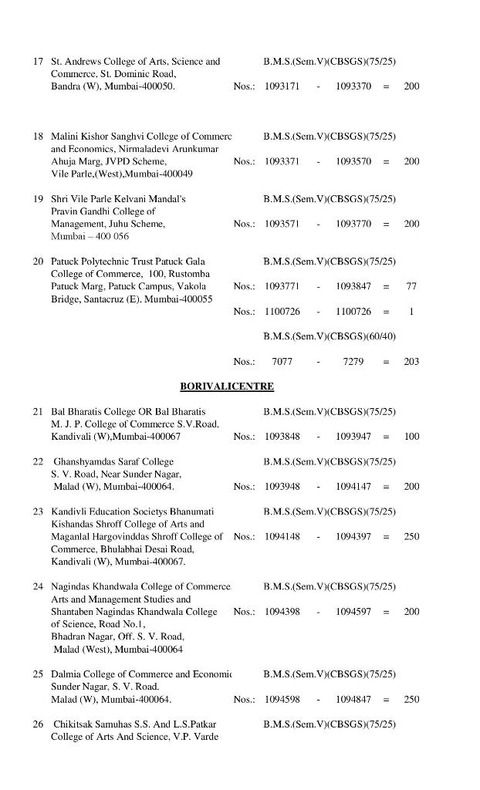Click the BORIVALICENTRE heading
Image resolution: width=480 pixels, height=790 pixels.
click(227, 386)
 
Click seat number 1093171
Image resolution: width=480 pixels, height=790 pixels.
click(282, 86)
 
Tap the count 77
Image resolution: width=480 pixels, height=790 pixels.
click(411, 286)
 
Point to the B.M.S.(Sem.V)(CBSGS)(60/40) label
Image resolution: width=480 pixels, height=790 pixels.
click(330, 336)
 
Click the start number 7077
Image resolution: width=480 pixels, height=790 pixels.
click(282, 362)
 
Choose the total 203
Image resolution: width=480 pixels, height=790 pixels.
click(411, 362)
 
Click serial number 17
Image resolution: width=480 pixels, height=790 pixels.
click(38, 61)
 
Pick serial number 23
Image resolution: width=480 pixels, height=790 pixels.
click(38, 511)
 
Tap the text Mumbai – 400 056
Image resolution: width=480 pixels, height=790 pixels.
click(90, 236)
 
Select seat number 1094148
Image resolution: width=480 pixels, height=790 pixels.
click(282, 536)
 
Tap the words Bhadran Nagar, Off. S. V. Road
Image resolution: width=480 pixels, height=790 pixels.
click(117, 636)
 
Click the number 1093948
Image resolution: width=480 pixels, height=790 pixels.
click(282, 487)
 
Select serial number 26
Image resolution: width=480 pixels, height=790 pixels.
click(38, 724)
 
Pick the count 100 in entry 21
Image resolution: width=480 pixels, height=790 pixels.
click(411, 437)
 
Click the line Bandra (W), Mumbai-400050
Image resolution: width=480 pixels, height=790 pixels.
click(113, 86)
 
